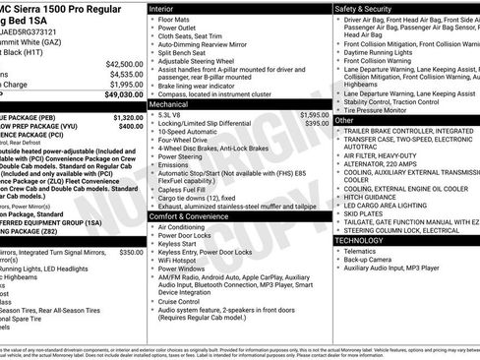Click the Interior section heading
click(x=164, y=8)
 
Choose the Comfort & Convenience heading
click(x=189, y=214)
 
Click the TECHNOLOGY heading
click(x=361, y=239)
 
